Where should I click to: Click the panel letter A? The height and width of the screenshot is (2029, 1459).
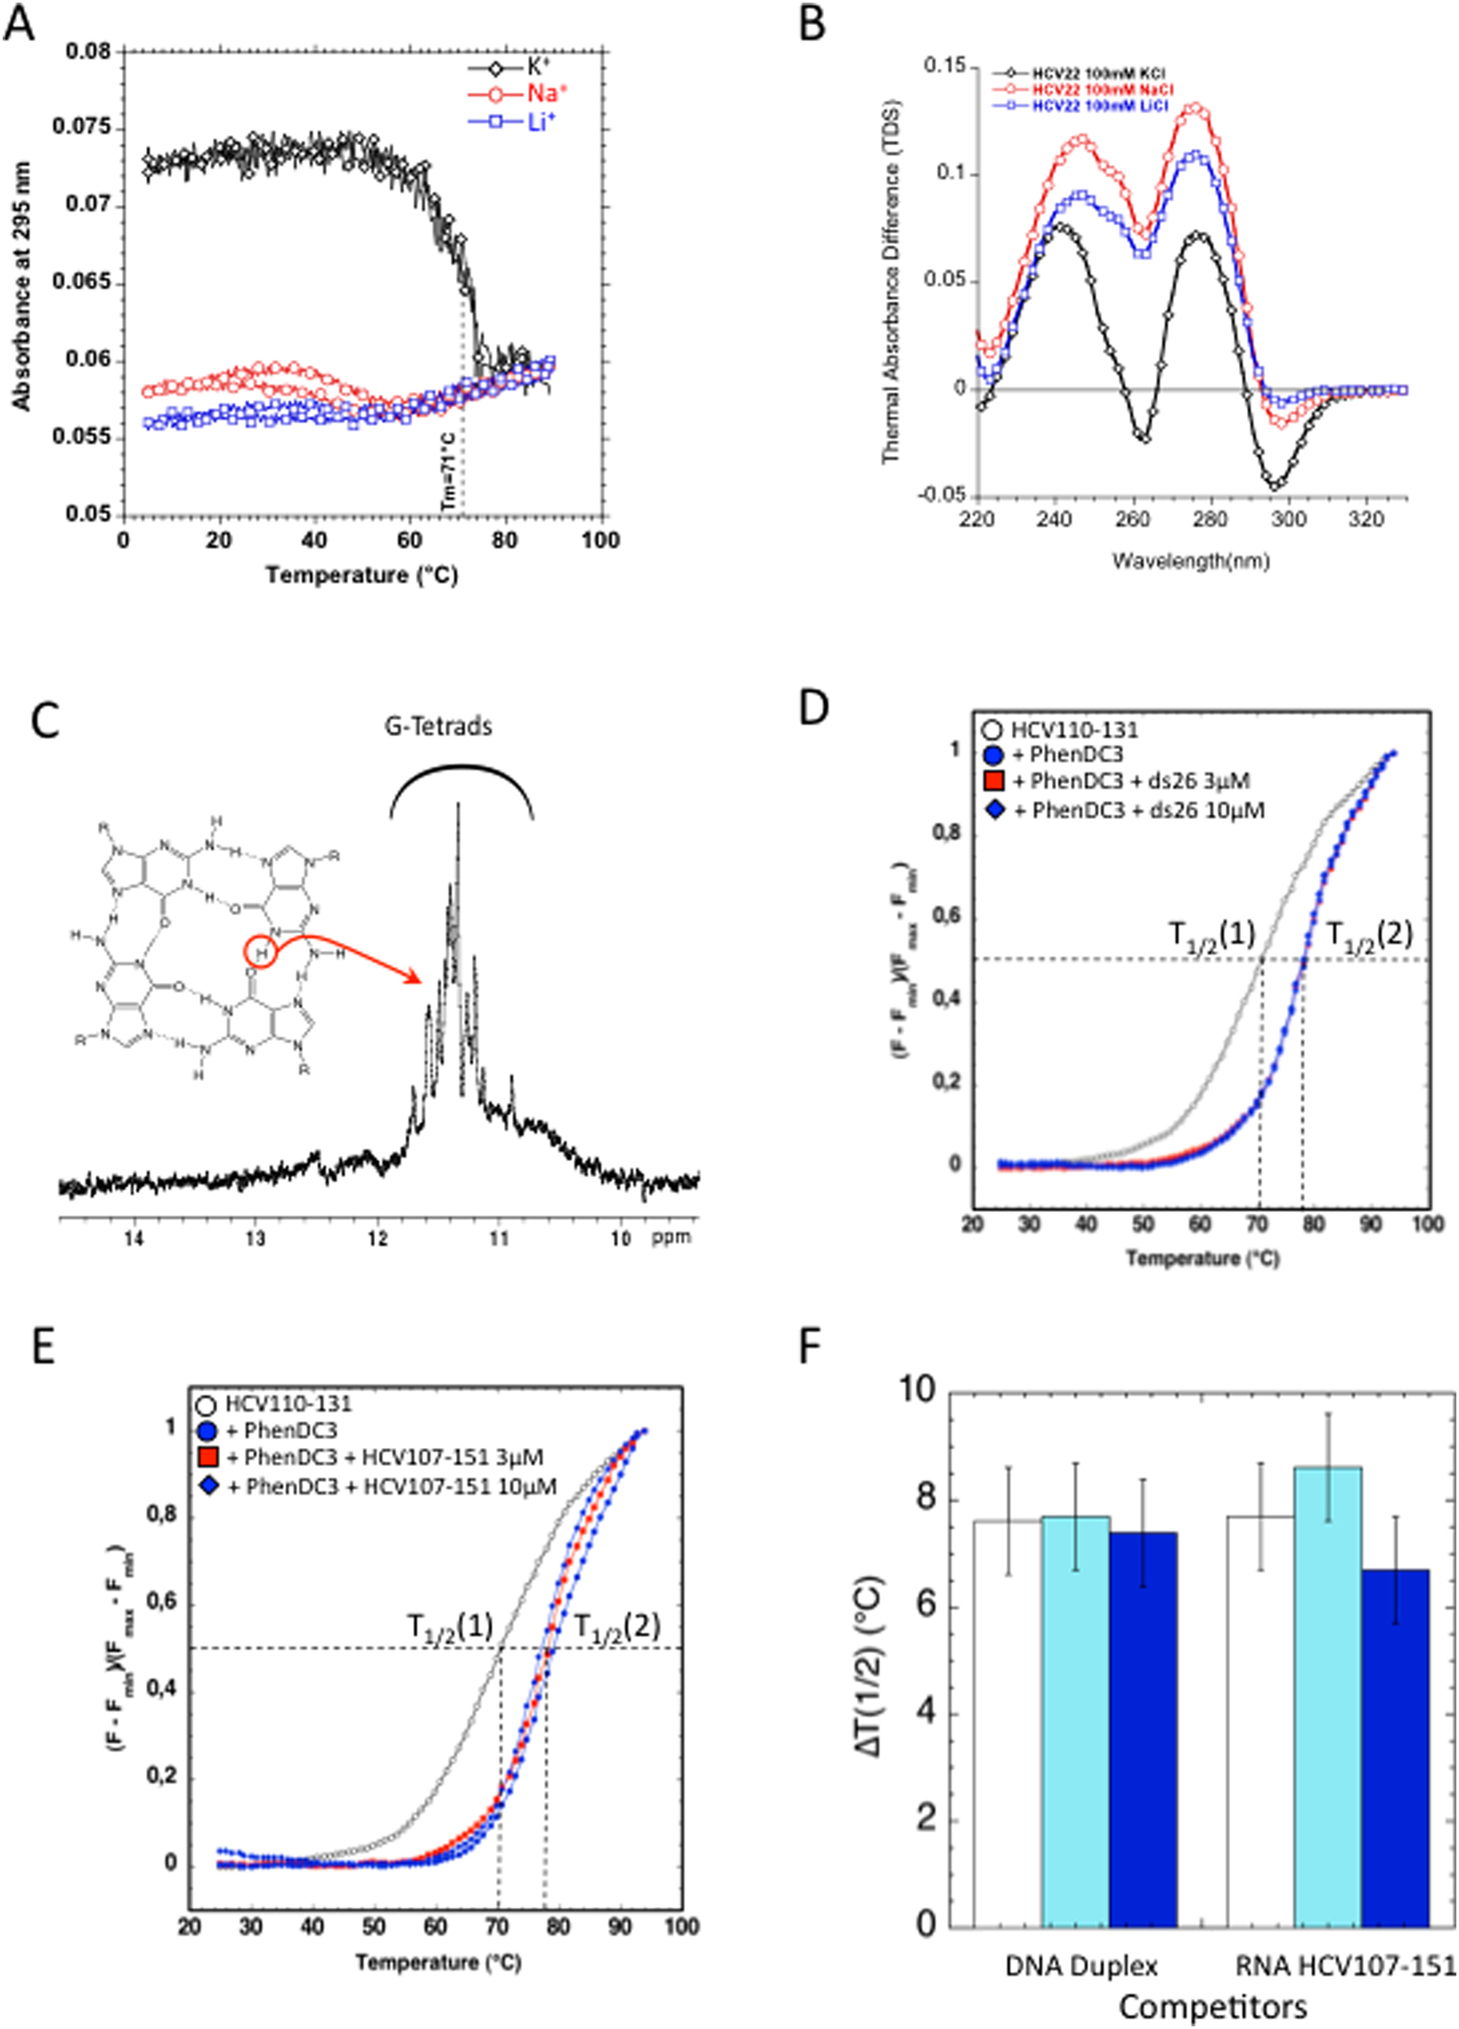coord(19,25)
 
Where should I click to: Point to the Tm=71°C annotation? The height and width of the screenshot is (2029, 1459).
coord(448,472)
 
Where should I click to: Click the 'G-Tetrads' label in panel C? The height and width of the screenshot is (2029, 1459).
coord(439,725)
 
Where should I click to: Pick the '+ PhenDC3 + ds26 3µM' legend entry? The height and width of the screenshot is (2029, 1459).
coord(1131,781)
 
